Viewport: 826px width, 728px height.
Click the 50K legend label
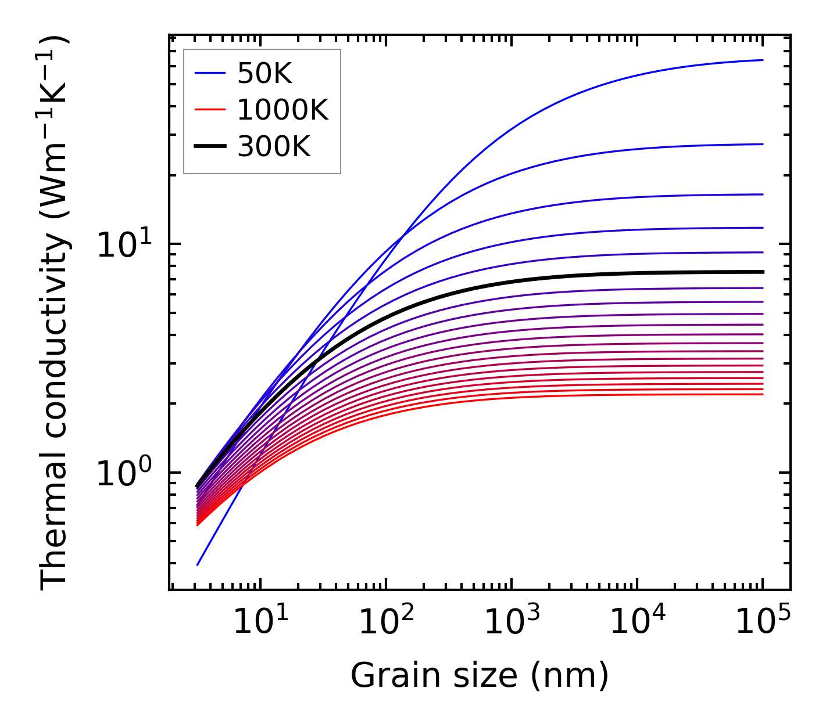point(264,73)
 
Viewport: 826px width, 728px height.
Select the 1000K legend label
point(283,110)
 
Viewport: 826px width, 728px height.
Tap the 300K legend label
point(274,147)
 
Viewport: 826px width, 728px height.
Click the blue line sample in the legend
point(209,73)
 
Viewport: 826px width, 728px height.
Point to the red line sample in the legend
point(209,110)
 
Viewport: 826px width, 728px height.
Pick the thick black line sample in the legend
point(209,147)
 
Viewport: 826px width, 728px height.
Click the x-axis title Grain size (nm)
point(480,676)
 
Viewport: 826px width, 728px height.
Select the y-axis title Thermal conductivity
point(55,313)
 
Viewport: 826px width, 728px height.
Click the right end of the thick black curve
point(762,272)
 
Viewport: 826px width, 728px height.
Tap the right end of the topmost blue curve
point(762,60)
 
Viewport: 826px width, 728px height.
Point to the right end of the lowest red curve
point(762,395)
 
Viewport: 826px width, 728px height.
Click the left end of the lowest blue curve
point(198,564)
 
